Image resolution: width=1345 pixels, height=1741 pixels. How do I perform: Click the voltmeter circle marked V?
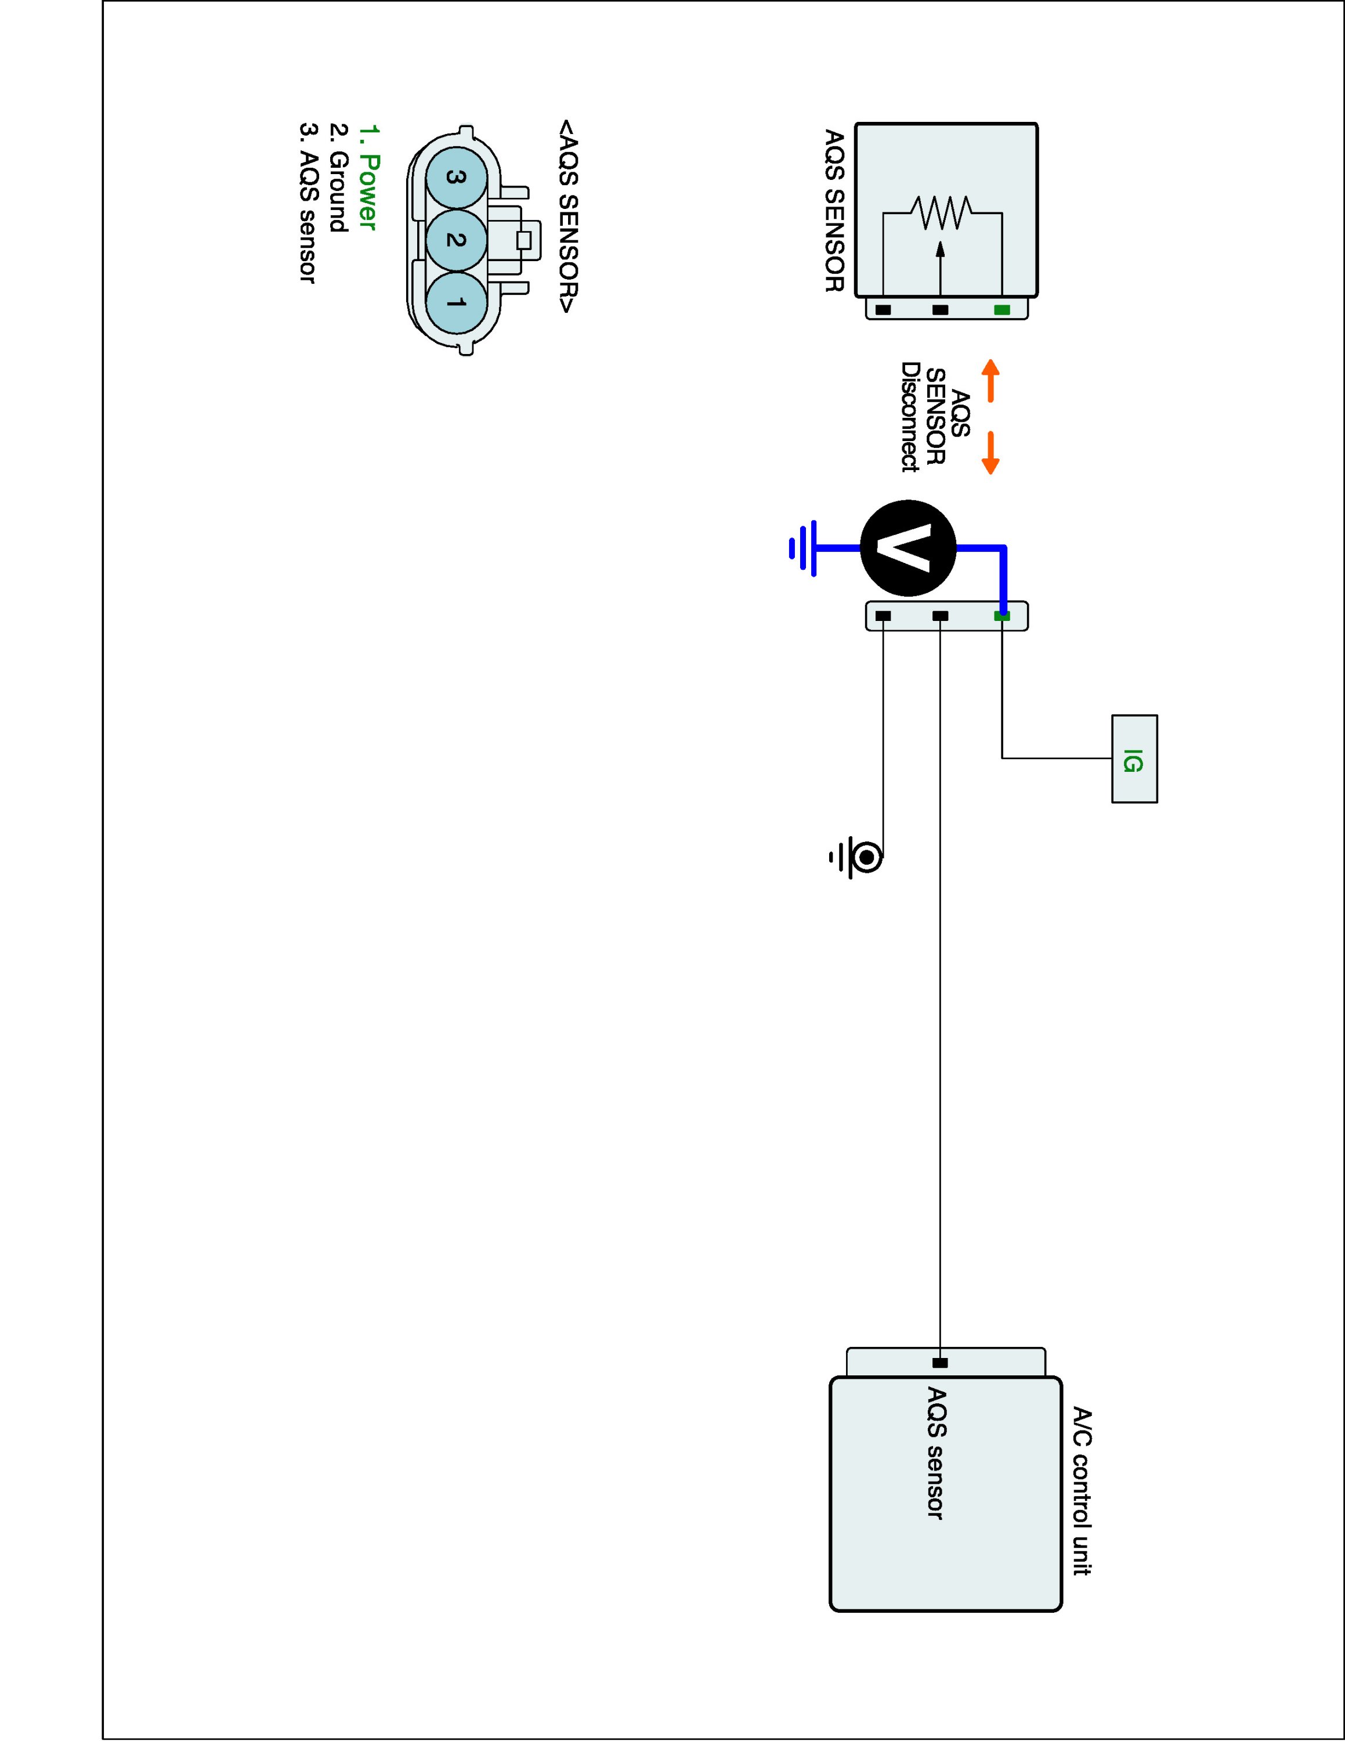point(907,548)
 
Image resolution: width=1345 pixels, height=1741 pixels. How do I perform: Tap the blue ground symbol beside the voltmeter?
point(803,548)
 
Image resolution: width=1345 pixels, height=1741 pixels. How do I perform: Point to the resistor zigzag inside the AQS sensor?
point(943,213)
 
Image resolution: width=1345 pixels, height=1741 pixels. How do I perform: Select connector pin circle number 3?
point(455,178)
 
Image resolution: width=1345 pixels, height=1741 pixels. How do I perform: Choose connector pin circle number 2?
point(455,239)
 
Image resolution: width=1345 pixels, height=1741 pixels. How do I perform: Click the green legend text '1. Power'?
point(367,177)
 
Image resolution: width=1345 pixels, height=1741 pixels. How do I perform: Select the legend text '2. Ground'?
point(338,178)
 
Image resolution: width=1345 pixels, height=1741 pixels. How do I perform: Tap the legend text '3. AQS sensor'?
point(308,203)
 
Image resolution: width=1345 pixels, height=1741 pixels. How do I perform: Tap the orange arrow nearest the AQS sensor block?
point(990,380)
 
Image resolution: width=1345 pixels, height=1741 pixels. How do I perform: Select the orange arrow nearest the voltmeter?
point(990,453)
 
